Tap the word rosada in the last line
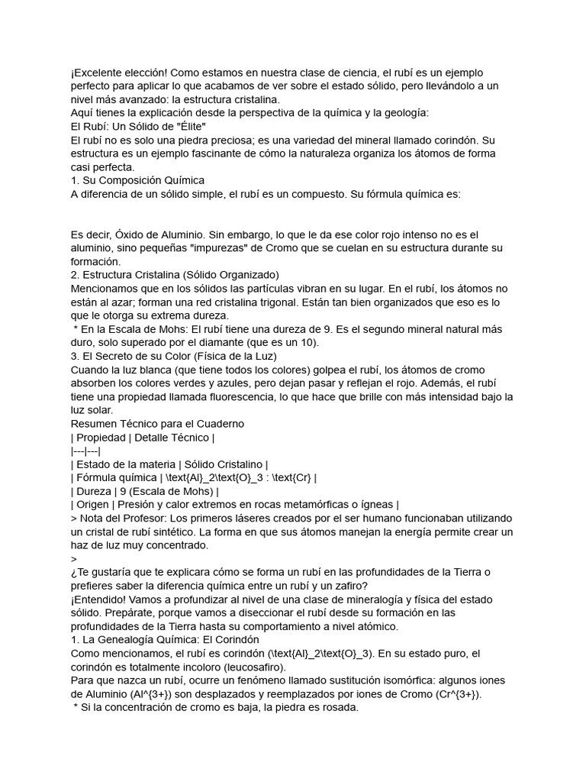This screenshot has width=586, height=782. [x=337, y=707]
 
